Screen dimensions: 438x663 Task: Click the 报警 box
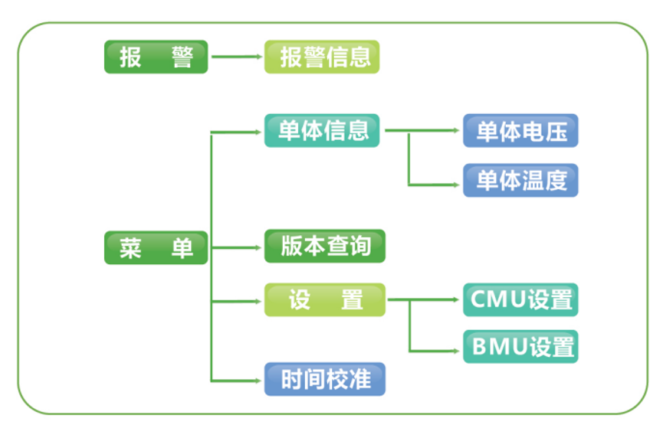tap(156, 57)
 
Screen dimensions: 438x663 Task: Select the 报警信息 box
tap(322, 57)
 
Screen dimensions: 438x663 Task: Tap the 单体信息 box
tap(322, 131)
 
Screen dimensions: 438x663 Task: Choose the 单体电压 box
tap(520, 131)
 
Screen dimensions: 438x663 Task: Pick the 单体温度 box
tap(520, 180)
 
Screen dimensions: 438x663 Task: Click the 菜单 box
tap(156, 247)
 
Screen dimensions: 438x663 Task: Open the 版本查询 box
tap(325, 247)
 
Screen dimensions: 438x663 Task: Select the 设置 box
tap(325, 300)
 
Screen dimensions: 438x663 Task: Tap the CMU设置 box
tap(520, 300)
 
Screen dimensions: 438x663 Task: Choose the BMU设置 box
tap(520, 347)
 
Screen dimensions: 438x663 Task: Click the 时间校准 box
tap(325, 379)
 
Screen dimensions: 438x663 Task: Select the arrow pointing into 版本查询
tap(238, 247)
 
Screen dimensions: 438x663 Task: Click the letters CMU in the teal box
tap(498, 300)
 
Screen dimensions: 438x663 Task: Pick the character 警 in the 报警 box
tap(182, 57)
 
